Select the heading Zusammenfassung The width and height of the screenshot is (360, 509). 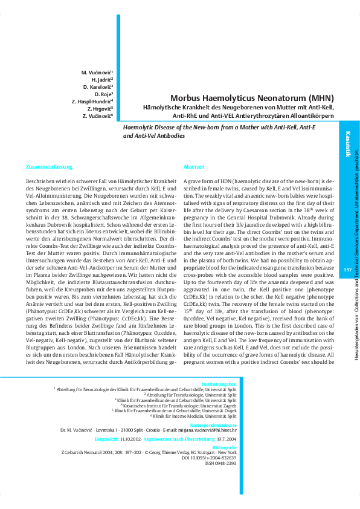tap(50, 166)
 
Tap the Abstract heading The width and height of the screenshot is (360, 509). tap(194, 166)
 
